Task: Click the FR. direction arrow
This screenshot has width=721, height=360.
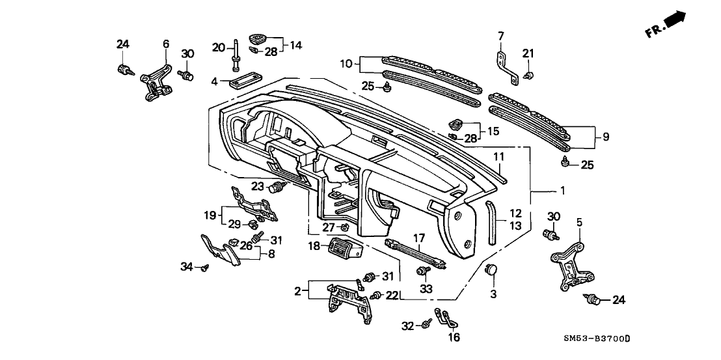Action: [677, 21]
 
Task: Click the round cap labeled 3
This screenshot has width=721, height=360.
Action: [493, 270]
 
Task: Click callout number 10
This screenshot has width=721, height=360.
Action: [346, 64]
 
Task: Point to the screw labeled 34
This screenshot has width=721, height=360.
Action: [205, 266]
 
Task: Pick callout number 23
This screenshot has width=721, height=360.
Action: [257, 186]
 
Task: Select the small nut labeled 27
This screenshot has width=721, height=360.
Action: [346, 227]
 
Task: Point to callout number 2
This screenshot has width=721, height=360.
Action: [298, 291]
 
